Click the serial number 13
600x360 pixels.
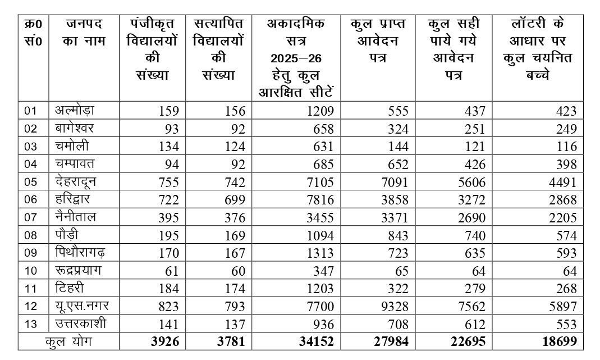(30, 325)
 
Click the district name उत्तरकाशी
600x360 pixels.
(80, 324)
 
